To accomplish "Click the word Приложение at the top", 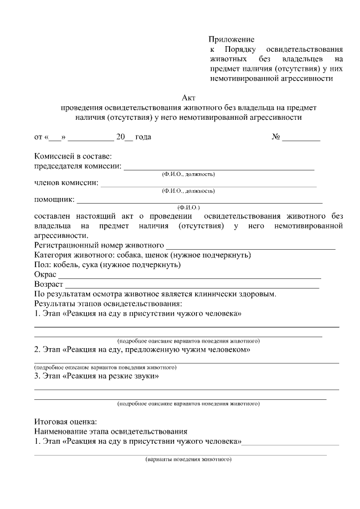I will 231,39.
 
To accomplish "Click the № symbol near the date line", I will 276,137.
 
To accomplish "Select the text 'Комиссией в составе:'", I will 73,156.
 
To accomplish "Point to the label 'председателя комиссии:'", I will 78,166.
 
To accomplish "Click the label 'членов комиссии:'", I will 66,183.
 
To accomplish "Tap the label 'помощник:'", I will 54,199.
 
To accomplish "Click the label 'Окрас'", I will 45,274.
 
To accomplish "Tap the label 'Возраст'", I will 48,285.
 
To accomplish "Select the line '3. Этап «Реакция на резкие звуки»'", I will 96,376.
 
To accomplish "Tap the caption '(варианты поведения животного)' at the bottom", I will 188,460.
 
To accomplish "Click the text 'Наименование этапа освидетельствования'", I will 110,431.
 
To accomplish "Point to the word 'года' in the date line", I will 143,137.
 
